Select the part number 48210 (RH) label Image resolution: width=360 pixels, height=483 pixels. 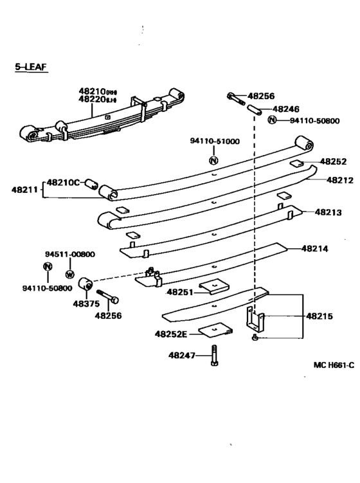click(x=97, y=92)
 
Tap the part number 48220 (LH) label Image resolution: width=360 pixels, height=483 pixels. click(x=97, y=100)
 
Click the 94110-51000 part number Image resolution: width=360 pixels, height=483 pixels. click(x=214, y=141)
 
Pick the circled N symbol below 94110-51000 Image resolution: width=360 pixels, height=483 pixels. click(x=214, y=159)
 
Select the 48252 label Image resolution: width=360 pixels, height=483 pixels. click(x=333, y=162)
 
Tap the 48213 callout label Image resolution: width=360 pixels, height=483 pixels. click(x=328, y=212)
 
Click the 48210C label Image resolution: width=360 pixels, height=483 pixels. click(x=62, y=183)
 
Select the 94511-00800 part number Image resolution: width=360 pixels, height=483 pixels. click(x=70, y=254)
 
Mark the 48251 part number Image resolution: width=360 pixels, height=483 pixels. click(x=181, y=291)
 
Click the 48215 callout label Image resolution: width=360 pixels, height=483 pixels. click(x=319, y=316)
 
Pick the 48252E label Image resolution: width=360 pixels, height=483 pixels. click(x=170, y=333)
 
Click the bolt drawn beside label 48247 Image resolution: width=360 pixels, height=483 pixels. click(x=213, y=356)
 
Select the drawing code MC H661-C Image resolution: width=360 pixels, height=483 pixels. click(x=334, y=365)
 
